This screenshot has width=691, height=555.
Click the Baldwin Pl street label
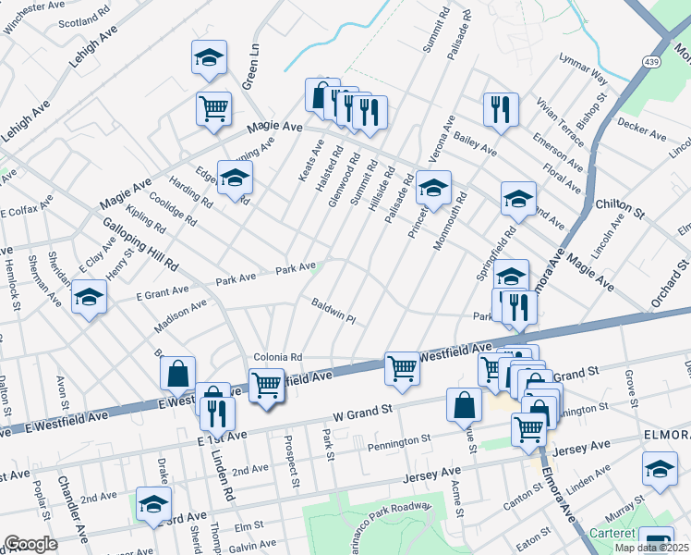(x=333, y=310)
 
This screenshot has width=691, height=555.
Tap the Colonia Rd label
(x=278, y=357)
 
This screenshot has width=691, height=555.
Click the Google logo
(x=30, y=544)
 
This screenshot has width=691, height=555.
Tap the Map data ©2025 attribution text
(x=651, y=548)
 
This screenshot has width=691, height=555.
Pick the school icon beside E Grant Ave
(x=89, y=297)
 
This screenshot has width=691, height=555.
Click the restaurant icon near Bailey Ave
(x=501, y=108)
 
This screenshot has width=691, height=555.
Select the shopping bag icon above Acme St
(x=464, y=404)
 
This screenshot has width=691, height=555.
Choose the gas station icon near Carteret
(x=657, y=541)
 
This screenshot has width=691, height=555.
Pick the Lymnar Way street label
(x=583, y=67)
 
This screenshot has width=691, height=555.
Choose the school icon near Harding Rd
(x=235, y=177)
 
